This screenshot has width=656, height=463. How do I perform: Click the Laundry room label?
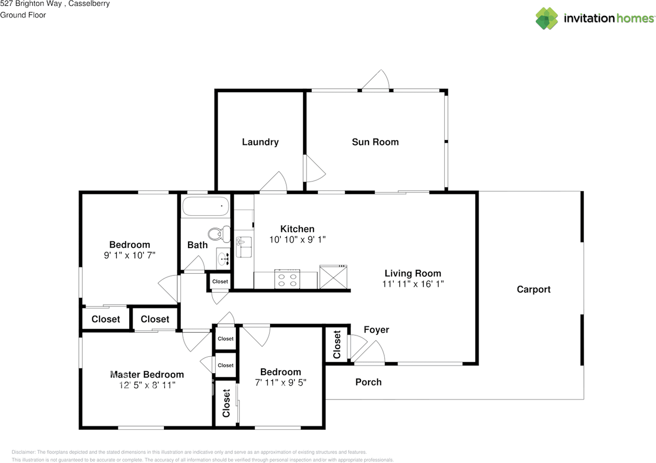point(260,142)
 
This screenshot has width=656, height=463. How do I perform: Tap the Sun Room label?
point(375,142)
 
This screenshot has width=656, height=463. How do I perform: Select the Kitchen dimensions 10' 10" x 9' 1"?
point(297,239)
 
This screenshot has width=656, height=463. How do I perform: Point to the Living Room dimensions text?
point(413,284)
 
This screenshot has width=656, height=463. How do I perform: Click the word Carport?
point(534,290)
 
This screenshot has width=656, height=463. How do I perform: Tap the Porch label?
point(368,382)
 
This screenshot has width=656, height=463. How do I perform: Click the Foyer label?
point(376,330)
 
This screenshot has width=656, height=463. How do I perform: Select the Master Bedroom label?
point(147,374)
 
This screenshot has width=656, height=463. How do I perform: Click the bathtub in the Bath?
point(206,206)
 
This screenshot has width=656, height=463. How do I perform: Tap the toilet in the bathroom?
point(219,234)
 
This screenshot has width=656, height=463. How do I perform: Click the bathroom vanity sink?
point(223,259)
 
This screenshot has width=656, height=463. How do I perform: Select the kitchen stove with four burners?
point(288,279)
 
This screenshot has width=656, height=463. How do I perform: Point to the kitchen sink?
point(243,247)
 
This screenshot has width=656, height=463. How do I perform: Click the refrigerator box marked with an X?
point(333,277)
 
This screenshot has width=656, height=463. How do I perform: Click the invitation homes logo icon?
point(547,18)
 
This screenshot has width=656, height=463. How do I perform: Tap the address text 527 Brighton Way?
point(31,4)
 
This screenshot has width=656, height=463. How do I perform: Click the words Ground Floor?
point(23,15)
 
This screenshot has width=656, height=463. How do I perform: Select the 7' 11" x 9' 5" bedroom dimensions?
point(280,383)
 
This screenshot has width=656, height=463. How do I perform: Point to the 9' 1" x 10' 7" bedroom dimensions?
point(130,255)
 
